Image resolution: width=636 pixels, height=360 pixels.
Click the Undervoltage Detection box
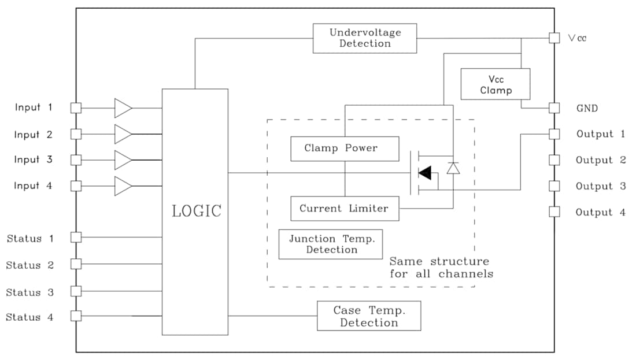(364, 38)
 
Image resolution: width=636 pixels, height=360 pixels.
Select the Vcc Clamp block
(495, 84)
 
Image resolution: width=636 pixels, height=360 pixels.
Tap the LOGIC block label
(196, 211)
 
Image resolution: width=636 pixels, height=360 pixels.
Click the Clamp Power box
(345, 149)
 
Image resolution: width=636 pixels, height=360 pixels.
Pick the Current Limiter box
(344, 209)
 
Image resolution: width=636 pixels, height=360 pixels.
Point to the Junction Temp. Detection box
(331, 244)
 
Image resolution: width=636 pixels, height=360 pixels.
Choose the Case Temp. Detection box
(369, 316)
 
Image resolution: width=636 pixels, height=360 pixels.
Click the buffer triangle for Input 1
(123, 107)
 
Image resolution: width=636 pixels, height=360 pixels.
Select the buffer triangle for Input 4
(123, 186)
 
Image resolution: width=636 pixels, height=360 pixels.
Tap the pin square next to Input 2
(76, 134)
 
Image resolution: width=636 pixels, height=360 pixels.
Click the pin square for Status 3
(76, 291)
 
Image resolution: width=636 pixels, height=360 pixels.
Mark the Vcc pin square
(554, 38)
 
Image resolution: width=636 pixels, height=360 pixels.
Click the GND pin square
(554, 108)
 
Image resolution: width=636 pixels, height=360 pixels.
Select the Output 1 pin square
(554, 134)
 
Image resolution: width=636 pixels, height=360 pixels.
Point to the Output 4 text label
(600, 212)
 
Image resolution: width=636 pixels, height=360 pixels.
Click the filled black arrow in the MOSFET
(424, 173)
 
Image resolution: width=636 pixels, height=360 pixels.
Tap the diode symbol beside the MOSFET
(453, 168)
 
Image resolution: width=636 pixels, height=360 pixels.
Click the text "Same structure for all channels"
(441, 268)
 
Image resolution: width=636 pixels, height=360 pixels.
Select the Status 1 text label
(30, 238)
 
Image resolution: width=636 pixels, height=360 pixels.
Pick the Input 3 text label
(34, 159)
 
